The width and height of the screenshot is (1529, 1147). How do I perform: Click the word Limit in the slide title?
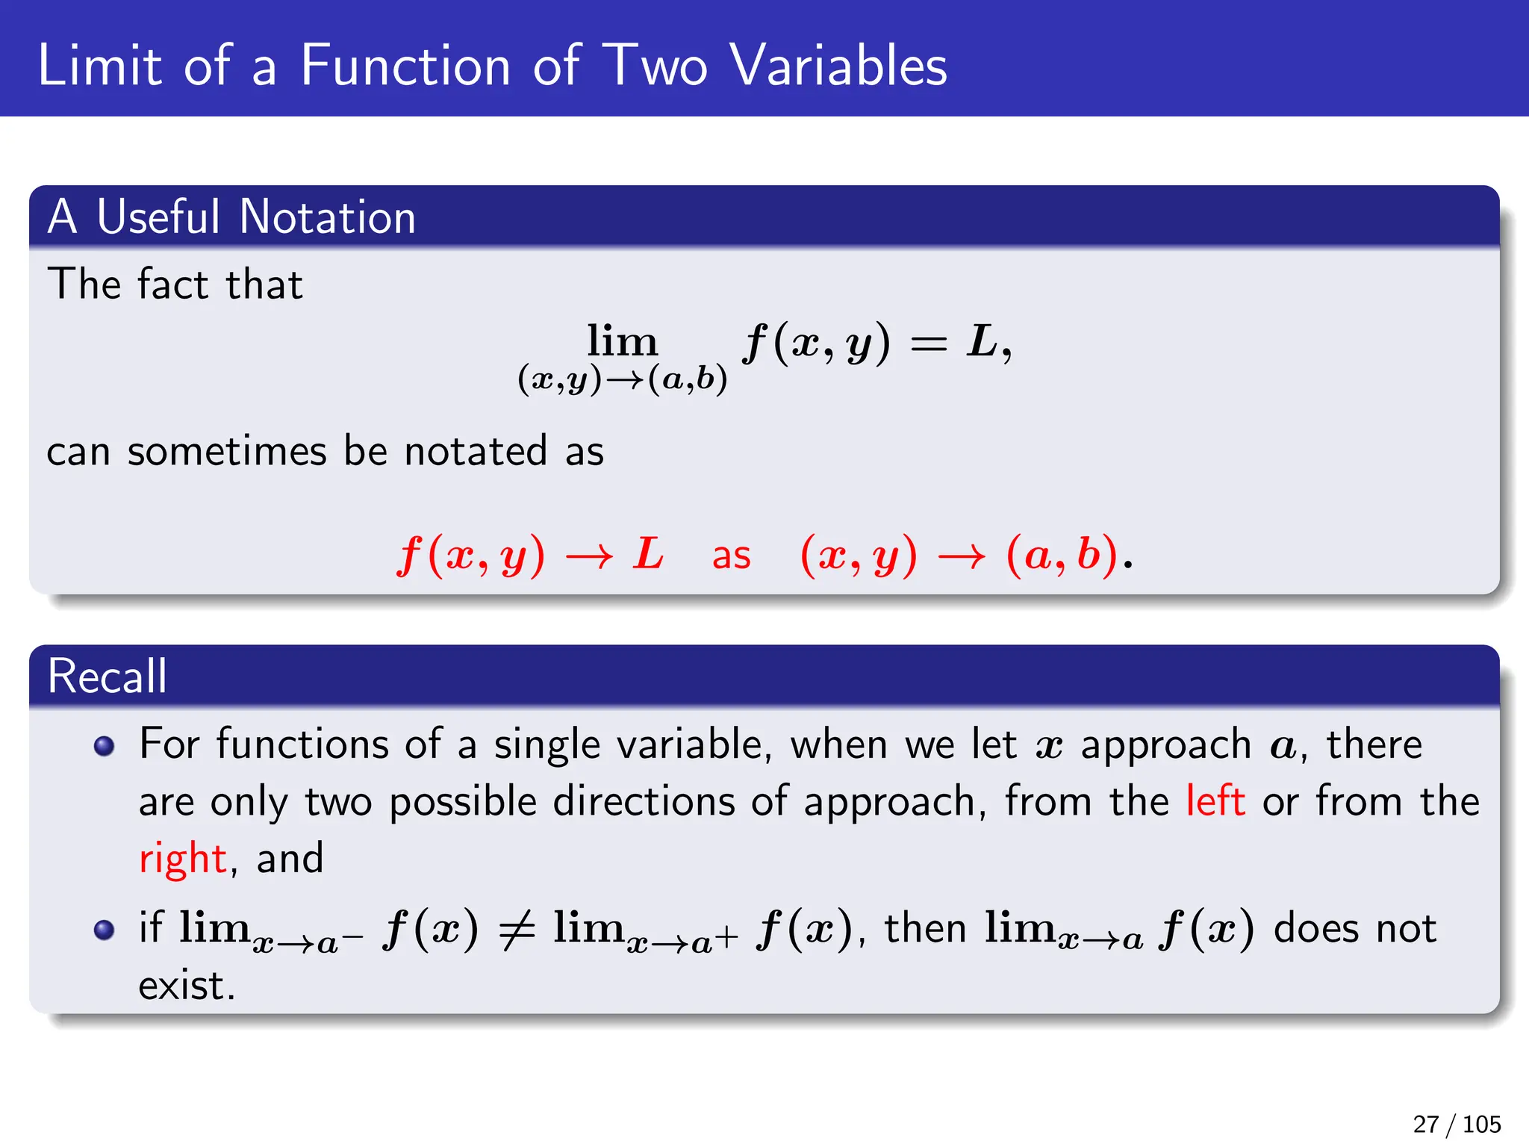click(99, 66)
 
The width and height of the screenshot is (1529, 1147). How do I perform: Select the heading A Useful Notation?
click(231, 217)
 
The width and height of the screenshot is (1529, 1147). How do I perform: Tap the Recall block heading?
click(107, 677)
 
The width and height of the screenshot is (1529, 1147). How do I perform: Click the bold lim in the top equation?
click(622, 342)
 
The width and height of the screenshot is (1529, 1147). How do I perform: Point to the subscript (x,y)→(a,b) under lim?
click(622, 380)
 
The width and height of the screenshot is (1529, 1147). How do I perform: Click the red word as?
click(731, 556)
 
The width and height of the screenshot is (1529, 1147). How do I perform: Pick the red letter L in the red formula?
click(648, 554)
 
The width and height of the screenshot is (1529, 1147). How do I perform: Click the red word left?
click(1215, 801)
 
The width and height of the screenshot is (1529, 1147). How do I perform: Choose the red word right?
click(183, 859)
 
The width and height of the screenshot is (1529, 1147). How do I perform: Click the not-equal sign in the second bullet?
click(517, 930)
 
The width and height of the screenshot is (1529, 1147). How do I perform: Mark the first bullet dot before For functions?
click(104, 746)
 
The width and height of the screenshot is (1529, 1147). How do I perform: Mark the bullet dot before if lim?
click(104, 930)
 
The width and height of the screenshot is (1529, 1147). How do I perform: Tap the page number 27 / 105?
click(1456, 1124)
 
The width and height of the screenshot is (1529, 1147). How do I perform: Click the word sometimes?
click(227, 452)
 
